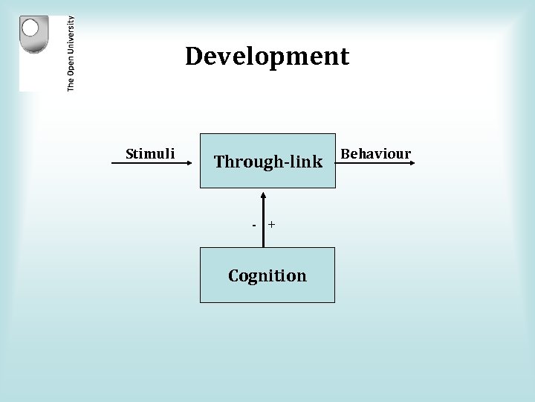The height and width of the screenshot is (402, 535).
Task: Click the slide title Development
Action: [267, 57]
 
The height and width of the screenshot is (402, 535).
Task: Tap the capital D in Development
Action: [193, 57]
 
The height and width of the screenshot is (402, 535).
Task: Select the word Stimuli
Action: [150, 154]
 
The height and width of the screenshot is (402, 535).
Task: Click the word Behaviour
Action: [375, 154]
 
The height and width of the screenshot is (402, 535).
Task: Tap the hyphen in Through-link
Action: [285, 162]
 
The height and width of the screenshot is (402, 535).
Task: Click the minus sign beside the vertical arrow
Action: [254, 224]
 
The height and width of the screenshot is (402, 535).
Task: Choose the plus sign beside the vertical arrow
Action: [272, 223]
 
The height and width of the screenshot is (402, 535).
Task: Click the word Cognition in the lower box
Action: [267, 276]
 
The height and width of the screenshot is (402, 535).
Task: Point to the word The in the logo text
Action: [71, 84]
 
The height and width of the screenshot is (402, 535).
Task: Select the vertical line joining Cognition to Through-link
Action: [263, 223]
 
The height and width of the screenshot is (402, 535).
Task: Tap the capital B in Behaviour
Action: [343, 154]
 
